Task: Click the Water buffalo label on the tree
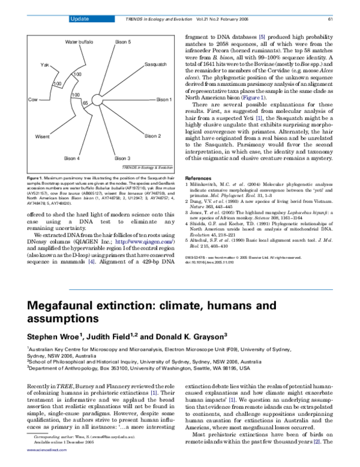(x=79, y=43)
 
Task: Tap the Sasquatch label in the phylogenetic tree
(x=155, y=64)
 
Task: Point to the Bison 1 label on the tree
(x=164, y=100)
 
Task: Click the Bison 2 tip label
(x=153, y=136)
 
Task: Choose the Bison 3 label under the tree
(x=122, y=158)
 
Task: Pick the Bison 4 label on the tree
(x=71, y=158)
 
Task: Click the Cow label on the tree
(x=33, y=99)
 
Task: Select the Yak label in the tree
(x=44, y=64)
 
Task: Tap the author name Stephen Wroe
(x=54, y=335)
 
